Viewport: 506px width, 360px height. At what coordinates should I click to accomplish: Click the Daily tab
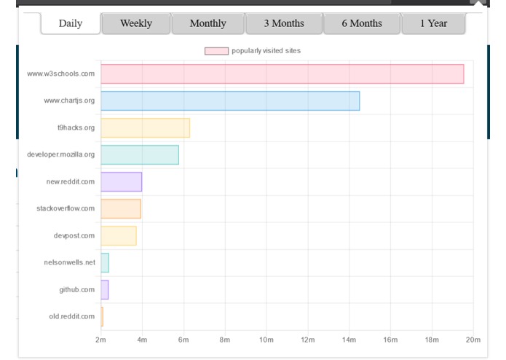[x=70, y=23]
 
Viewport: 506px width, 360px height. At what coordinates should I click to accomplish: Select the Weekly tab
[x=136, y=23]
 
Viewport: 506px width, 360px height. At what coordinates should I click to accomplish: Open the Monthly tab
[x=207, y=23]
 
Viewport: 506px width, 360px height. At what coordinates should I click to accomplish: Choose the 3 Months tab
[x=284, y=23]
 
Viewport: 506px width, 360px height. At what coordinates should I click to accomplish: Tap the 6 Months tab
[x=362, y=23]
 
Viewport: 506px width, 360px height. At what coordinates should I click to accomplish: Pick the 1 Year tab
[x=434, y=23]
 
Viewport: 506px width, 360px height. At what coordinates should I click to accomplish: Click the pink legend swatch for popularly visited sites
[x=216, y=51]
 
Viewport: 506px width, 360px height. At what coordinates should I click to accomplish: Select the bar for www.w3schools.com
[x=282, y=74]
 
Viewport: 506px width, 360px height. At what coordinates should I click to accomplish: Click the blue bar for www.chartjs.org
[x=230, y=101]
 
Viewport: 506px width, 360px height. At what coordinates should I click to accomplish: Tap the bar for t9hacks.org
[x=145, y=128]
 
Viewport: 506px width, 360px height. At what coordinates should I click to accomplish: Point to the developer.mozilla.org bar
[x=140, y=154]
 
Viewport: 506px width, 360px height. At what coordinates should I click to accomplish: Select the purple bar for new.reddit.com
[x=121, y=181]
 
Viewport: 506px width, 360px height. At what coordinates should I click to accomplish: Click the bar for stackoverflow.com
[x=121, y=208]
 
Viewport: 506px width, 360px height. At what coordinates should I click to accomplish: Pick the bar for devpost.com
[x=119, y=235]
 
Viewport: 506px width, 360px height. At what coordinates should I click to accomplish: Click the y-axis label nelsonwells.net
[x=69, y=262]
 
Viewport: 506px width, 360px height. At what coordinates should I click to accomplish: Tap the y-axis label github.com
[x=77, y=289]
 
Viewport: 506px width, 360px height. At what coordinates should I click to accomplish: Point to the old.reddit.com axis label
[x=71, y=316]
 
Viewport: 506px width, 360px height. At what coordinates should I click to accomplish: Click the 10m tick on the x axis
[x=266, y=340]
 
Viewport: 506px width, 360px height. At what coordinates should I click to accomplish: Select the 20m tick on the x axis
[x=473, y=340]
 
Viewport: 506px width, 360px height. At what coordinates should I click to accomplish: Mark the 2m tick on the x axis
[x=100, y=340]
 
